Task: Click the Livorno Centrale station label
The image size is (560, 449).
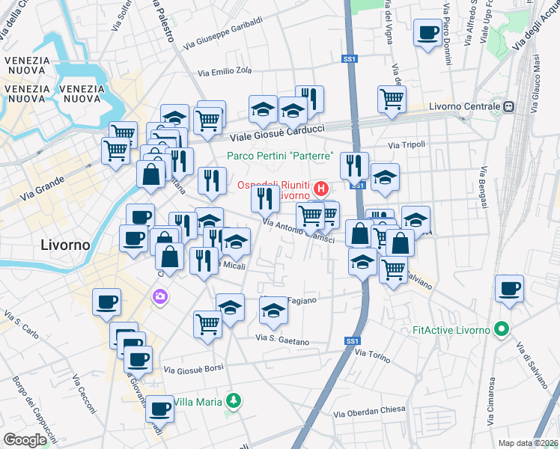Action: (463, 107)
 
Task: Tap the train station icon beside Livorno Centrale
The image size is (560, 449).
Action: (508, 107)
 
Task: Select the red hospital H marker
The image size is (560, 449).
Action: (322, 187)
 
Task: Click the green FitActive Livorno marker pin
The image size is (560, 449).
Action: (503, 329)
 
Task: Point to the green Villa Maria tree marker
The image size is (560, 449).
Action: (234, 402)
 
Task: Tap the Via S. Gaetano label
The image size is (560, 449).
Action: (281, 340)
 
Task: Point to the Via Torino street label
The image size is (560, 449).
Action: (372, 355)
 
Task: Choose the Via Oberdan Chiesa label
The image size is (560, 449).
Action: (369, 411)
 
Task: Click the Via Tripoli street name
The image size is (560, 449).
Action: (407, 144)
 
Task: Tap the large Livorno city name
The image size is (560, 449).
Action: (64, 245)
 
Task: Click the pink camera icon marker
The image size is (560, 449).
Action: (159, 298)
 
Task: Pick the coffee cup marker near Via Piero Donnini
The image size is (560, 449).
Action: (427, 33)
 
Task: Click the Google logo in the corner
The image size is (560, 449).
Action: (25, 440)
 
